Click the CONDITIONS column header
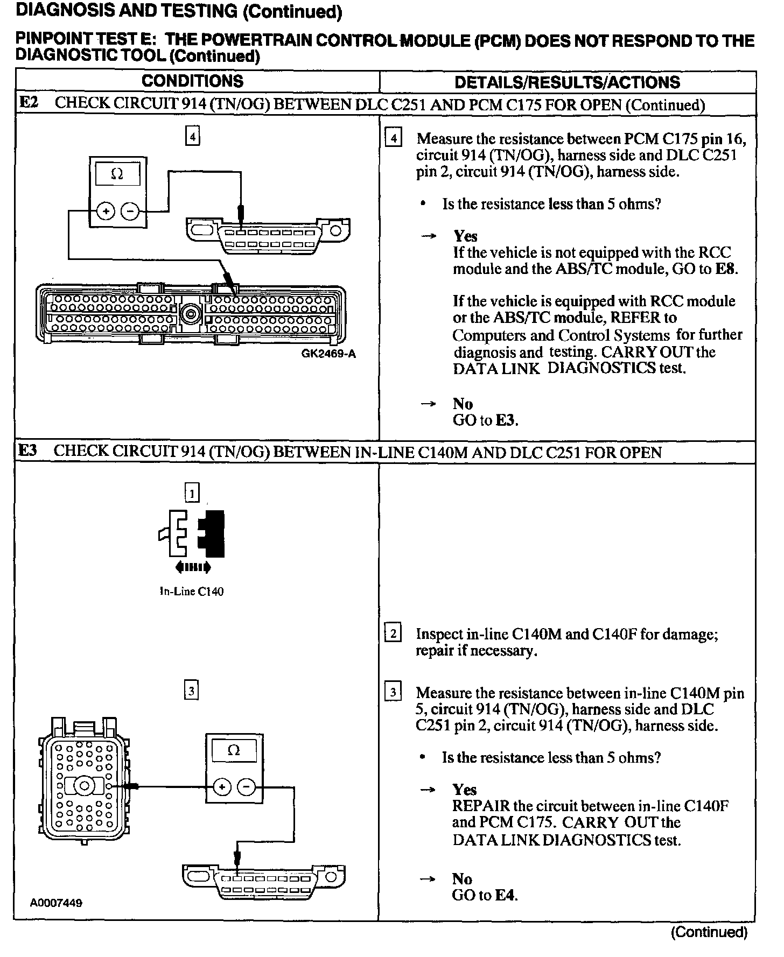(x=192, y=81)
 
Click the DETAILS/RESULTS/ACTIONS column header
(x=567, y=82)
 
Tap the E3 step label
(x=28, y=451)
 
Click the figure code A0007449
(x=56, y=903)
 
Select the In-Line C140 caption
(x=192, y=592)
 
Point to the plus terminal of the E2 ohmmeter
(x=106, y=212)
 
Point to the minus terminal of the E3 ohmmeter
(x=246, y=787)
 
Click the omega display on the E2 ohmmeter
(x=117, y=174)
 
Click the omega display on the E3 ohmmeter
(x=234, y=750)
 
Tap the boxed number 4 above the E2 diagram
(x=192, y=135)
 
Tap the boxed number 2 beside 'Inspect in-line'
(x=393, y=634)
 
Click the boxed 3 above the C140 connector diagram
(x=192, y=691)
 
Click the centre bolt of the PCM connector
(x=191, y=312)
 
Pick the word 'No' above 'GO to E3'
(x=463, y=404)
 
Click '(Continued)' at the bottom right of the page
(x=709, y=932)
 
